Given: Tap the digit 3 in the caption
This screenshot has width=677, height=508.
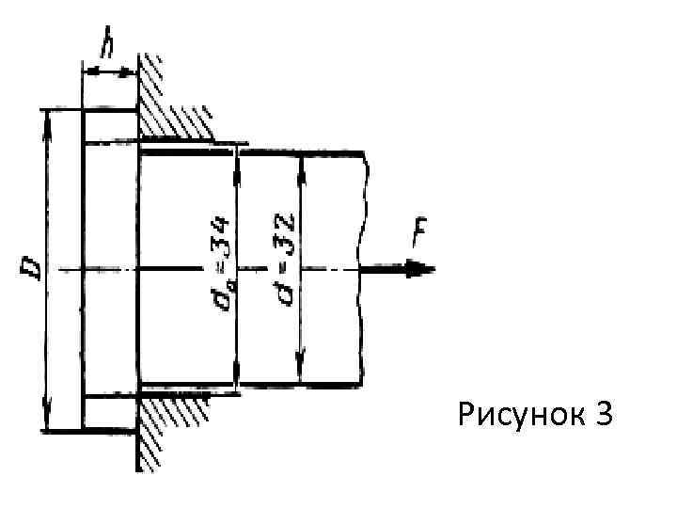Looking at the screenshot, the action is tap(603, 413).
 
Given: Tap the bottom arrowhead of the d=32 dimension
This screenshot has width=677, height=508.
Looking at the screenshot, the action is tap(301, 373).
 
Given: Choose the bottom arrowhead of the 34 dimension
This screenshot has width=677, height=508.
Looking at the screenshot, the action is tap(238, 376).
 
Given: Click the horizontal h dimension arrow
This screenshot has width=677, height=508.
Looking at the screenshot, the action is tap(111, 71).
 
